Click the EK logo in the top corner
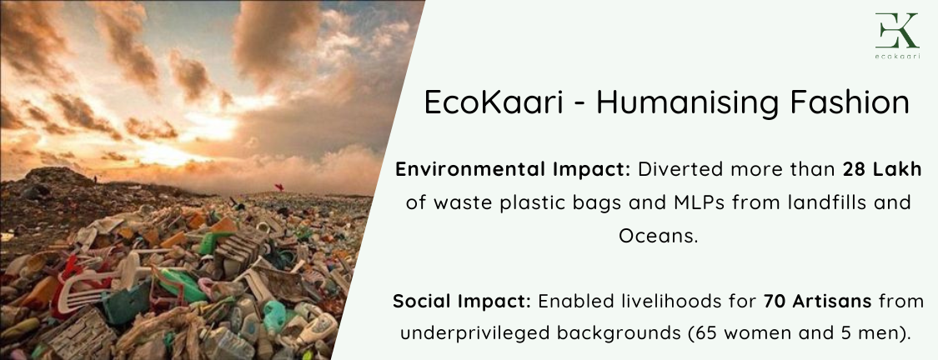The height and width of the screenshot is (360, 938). tap(896, 31)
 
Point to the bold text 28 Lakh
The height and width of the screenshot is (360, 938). tap(882, 170)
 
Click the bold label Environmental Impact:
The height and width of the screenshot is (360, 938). tap(514, 170)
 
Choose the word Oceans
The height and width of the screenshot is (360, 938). tap(658, 236)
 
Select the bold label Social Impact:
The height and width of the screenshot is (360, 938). tap(462, 302)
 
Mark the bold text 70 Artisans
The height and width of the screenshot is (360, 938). tap(817, 302)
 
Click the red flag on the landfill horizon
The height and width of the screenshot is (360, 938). tap(278, 187)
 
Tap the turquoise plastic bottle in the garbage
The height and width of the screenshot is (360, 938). tap(274, 317)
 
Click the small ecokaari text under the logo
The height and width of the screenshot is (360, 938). tap(896, 56)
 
